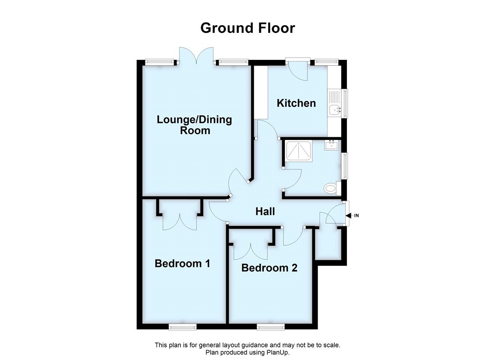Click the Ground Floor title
(247, 28)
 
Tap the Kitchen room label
(296, 103)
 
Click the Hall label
(265, 211)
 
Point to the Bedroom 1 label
(182, 263)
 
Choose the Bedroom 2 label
(269, 268)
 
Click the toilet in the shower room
(332, 188)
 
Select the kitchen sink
(335, 109)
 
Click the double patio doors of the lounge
(196, 56)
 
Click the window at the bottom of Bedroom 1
(182, 326)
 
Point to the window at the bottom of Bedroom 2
(270, 326)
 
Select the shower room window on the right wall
(344, 166)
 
